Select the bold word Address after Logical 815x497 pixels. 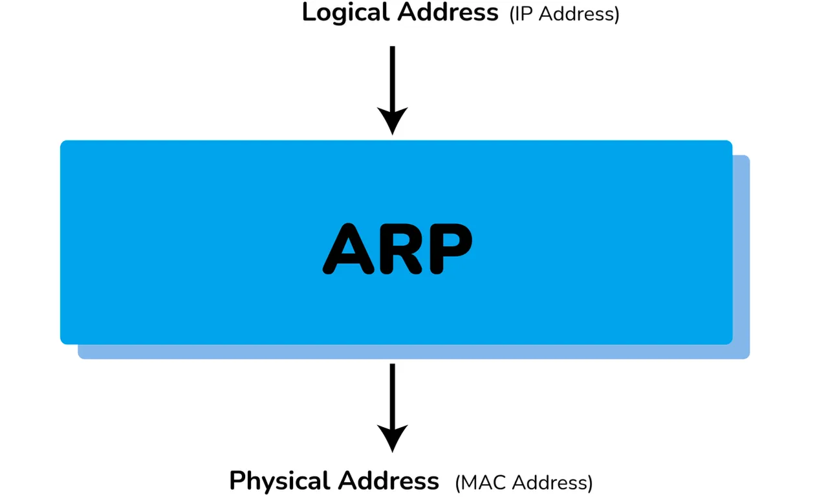(x=448, y=12)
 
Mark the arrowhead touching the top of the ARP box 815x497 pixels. (x=392, y=122)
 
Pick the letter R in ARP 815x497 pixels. (x=399, y=248)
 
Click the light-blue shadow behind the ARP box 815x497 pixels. (x=741, y=259)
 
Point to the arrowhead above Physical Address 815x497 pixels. (x=392, y=438)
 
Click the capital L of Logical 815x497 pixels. (x=309, y=12)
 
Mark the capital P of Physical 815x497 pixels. (x=237, y=481)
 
